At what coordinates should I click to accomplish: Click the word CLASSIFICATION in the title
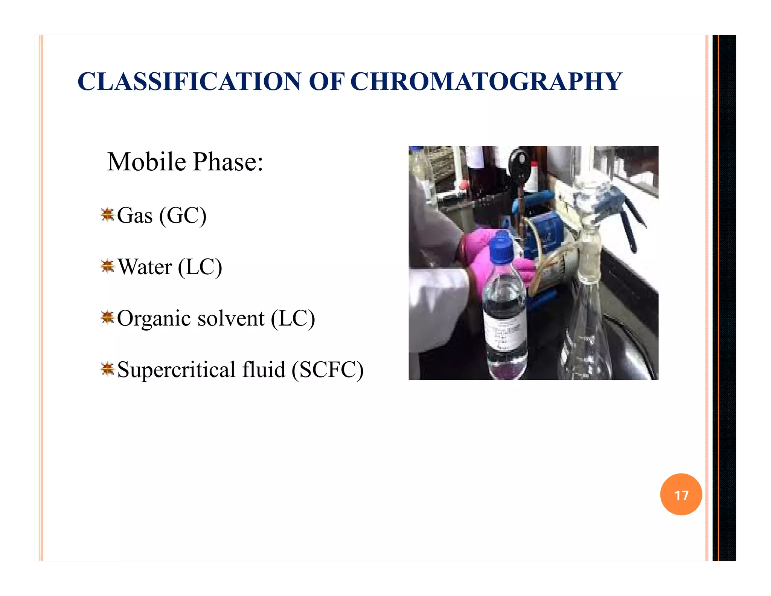(x=189, y=81)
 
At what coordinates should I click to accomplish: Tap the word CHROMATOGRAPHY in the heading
(x=486, y=81)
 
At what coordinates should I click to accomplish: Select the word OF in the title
(x=326, y=81)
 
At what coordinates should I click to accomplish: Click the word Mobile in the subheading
(x=146, y=162)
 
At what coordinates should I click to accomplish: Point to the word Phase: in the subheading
(x=228, y=162)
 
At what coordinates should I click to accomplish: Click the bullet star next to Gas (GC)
(x=107, y=215)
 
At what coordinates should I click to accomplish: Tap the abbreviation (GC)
(x=183, y=216)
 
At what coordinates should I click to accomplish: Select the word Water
(x=145, y=267)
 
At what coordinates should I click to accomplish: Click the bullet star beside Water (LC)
(x=107, y=266)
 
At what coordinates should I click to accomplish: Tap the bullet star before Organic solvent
(x=107, y=318)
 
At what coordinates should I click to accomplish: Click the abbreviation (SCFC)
(x=328, y=370)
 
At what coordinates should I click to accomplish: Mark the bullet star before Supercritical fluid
(x=107, y=369)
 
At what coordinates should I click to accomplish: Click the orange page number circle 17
(x=681, y=494)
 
